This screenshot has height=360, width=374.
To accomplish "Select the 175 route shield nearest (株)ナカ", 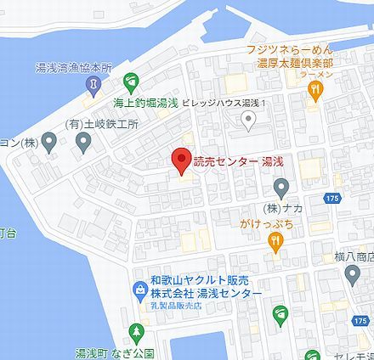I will (x=332, y=198).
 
